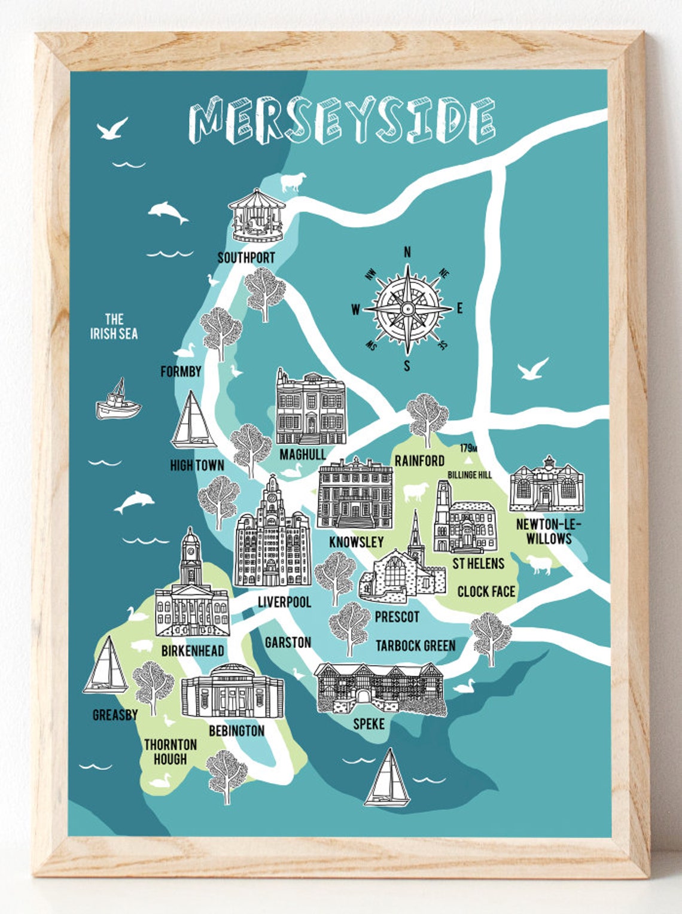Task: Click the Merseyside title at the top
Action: (x=342, y=121)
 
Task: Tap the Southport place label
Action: (x=246, y=258)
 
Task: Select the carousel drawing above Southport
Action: (x=256, y=215)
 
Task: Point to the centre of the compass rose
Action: (x=407, y=309)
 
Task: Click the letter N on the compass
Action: (x=407, y=252)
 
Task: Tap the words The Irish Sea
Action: (x=114, y=327)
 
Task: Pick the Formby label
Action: (x=181, y=371)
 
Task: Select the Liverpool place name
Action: (x=284, y=602)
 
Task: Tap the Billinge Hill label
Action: (x=470, y=474)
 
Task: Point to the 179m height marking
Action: (x=468, y=448)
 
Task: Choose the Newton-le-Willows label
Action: (x=549, y=531)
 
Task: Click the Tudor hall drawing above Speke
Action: (x=380, y=688)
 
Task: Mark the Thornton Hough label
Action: (x=170, y=752)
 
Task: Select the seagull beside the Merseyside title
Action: (x=112, y=129)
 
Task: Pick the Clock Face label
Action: (x=486, y=592)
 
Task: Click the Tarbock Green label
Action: (x=415, y=645)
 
